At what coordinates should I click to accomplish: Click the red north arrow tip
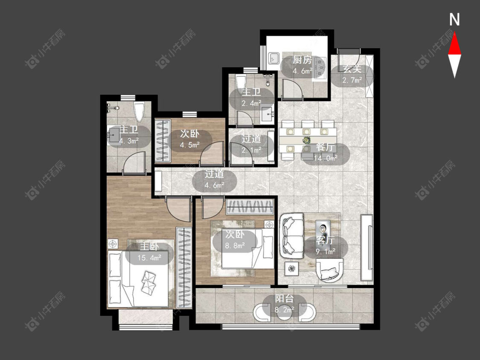[x=454, y=33]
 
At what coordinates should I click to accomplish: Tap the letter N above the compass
[x=454, y=20]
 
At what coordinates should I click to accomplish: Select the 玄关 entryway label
[x=352, y=69]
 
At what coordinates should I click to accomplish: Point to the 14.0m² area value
[x=326, y=158]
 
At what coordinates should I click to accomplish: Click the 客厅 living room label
[x=326, y=240]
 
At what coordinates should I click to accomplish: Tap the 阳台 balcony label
[x=285, y=299]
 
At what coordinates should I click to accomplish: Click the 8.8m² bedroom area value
[x=235, y=246]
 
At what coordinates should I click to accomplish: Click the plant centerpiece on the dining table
[x=306, y=140]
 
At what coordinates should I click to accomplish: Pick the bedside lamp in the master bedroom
[x=113, y=244]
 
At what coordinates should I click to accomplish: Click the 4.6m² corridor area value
[x=214, y=185]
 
